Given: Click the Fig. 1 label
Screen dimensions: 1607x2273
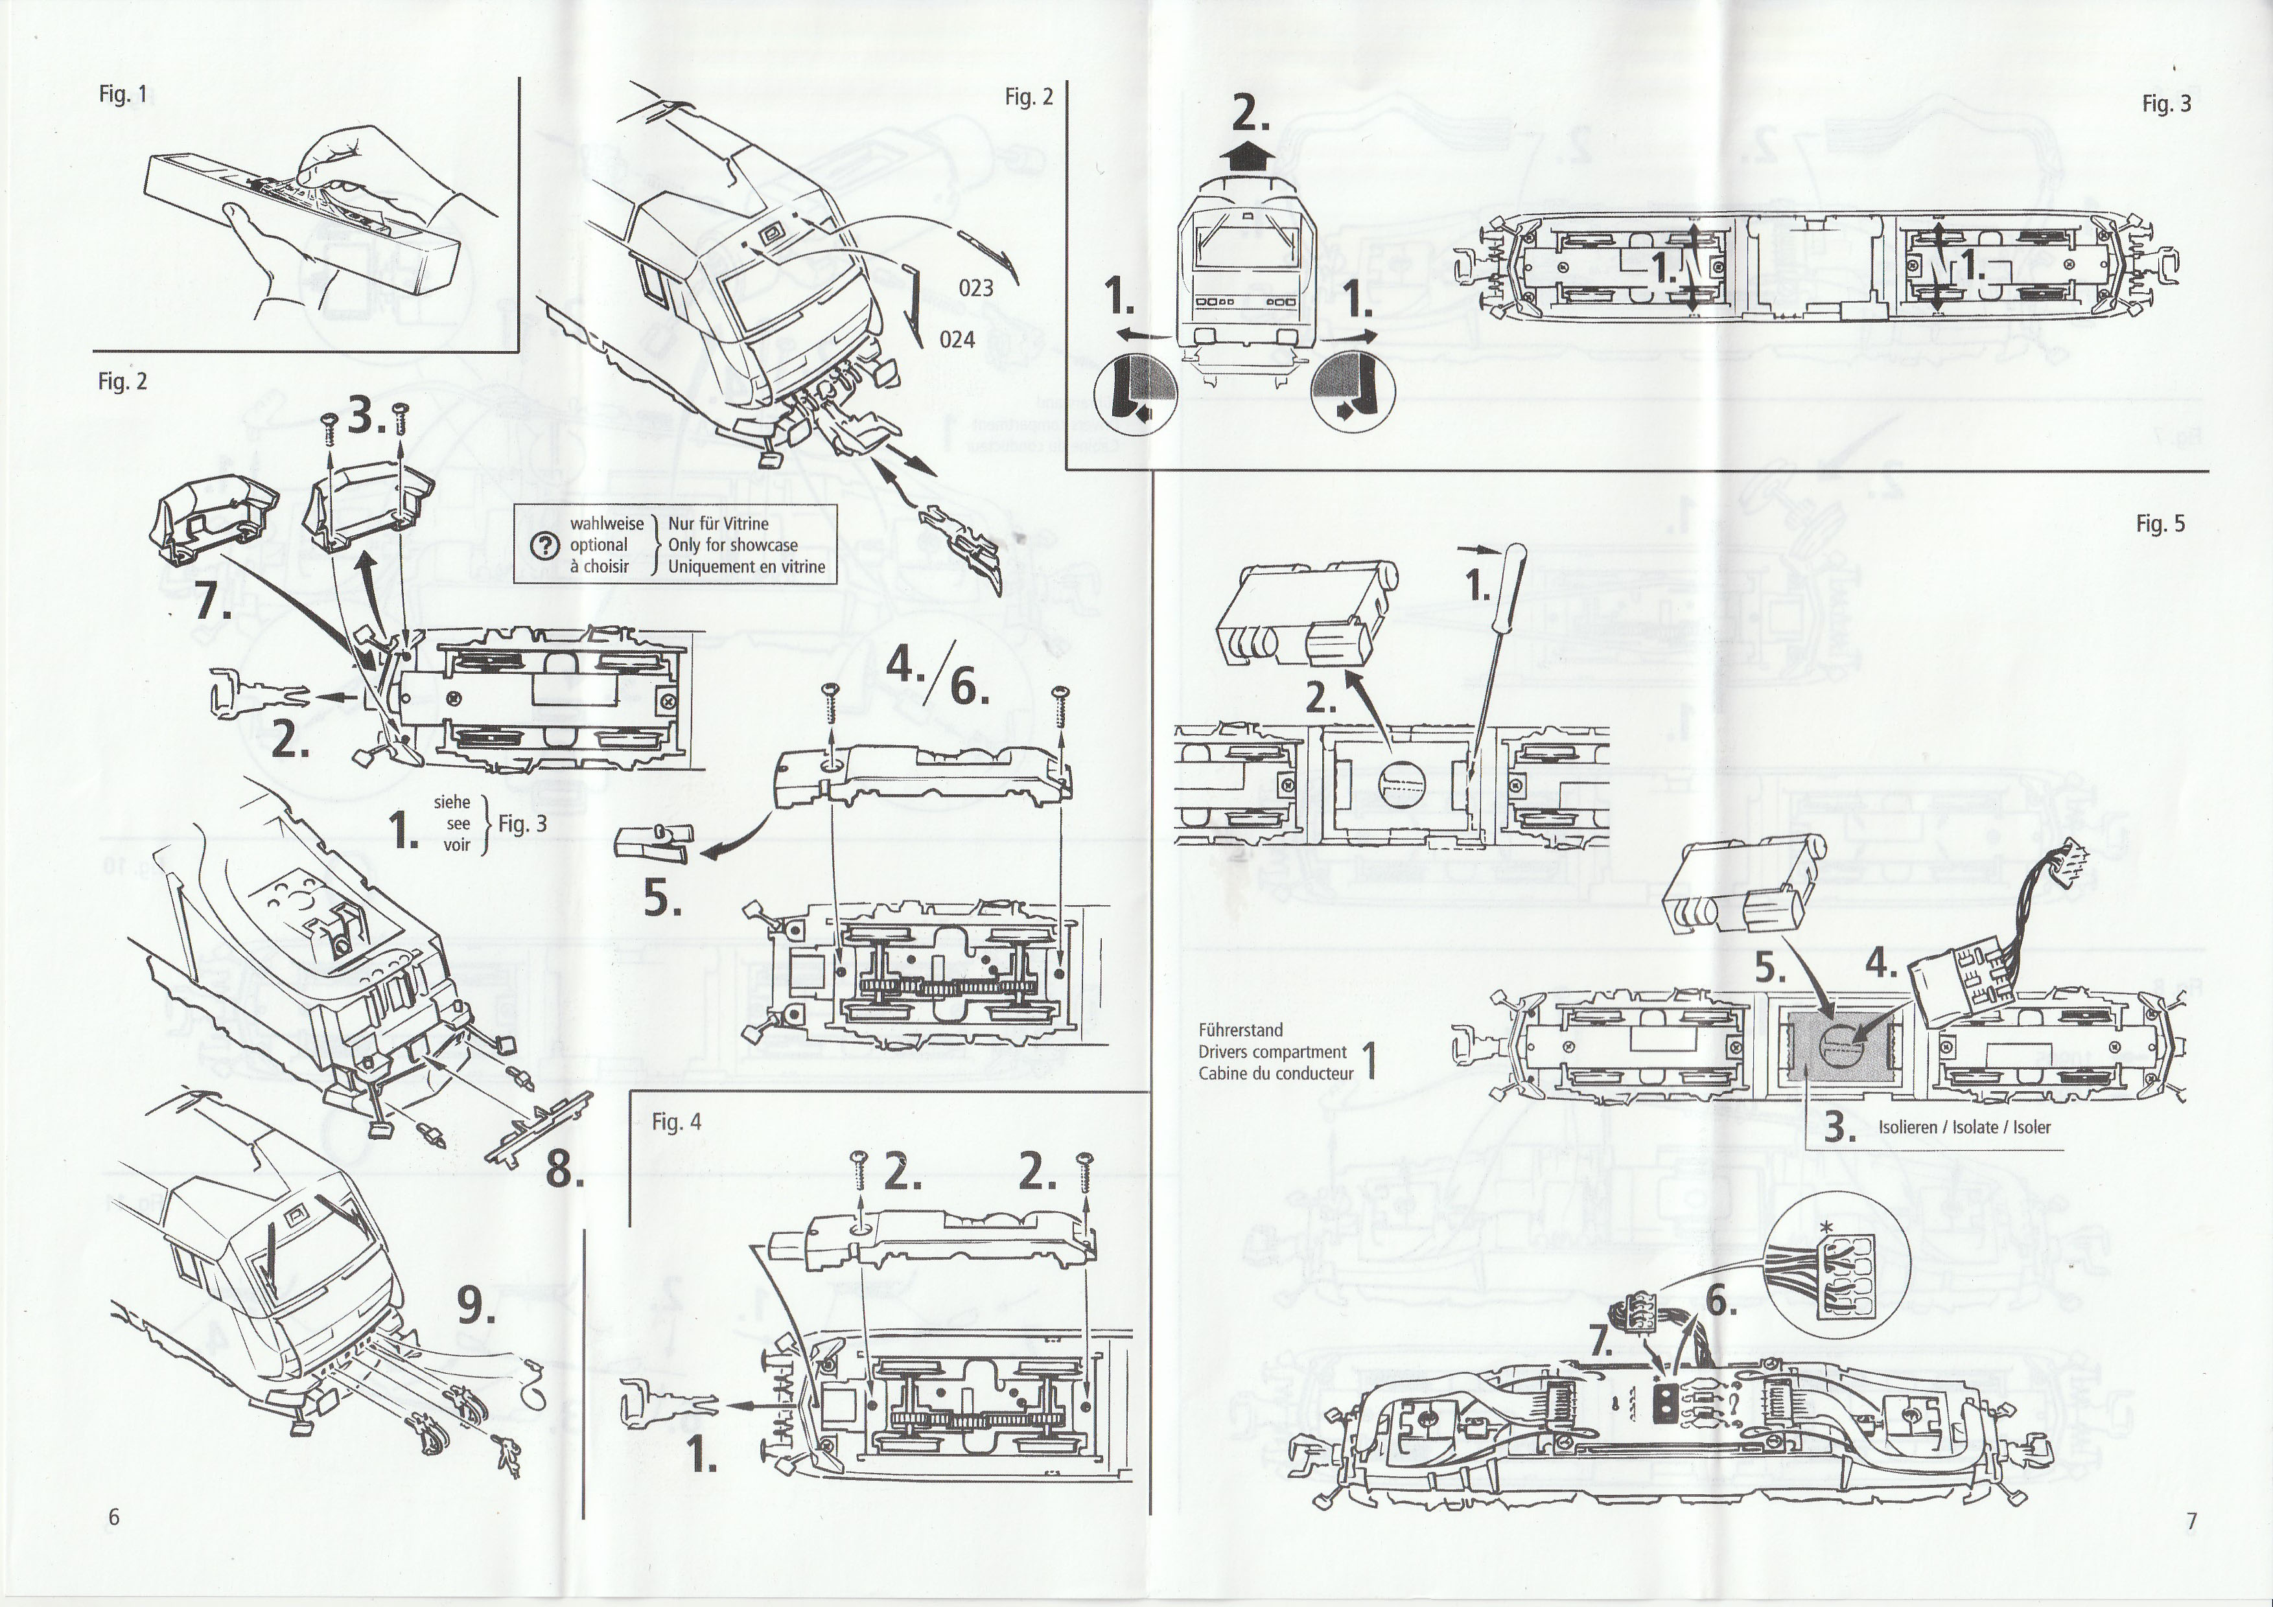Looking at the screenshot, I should click(x=122, y=95).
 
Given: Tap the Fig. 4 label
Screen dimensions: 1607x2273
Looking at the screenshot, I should click(x=676, y=1122).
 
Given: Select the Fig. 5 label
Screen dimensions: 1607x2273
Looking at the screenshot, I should click(x=2160, y=524).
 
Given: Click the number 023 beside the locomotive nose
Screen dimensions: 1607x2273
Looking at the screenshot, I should click(x=975, y=288).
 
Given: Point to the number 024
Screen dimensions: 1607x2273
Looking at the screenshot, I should click(x=957, y=340).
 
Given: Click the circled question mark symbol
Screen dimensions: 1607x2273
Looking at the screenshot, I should click(x=544, y=545).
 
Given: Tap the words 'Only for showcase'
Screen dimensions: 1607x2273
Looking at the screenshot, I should click(x=732, y=545).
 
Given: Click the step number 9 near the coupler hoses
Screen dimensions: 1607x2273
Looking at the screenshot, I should click(x=476, y=1307).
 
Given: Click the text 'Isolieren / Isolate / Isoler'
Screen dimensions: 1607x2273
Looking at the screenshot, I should click(x=1964, y=1127).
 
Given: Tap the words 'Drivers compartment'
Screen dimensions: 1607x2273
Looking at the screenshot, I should click(x=1272, y=1052).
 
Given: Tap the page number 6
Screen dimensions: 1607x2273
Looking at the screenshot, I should click(x=114, y=1518).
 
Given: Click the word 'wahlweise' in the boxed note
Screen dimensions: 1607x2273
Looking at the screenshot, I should click(x=606, y=524).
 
